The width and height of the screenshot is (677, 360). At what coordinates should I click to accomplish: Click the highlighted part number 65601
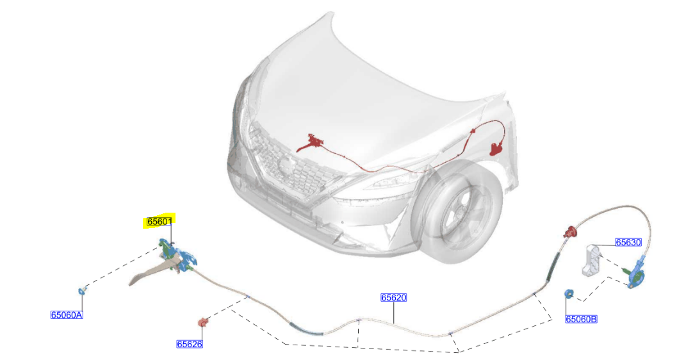159,222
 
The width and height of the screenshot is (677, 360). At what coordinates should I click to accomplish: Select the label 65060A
67,315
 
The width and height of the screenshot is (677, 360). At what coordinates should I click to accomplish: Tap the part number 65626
190,344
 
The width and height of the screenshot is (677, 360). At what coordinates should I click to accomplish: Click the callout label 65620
393,297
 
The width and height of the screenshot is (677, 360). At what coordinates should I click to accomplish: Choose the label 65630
628,242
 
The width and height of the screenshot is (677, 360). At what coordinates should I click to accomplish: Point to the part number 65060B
581,319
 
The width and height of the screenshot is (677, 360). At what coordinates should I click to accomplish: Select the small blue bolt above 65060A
82,291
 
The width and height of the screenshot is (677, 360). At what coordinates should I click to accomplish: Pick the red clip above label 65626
203,322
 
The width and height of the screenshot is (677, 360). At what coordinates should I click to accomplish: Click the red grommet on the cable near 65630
568,233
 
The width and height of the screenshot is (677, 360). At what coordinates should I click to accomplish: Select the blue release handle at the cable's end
637,274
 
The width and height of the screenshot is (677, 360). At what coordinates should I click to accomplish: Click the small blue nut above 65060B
568,294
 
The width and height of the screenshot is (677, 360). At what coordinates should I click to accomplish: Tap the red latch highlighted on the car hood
313,142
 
